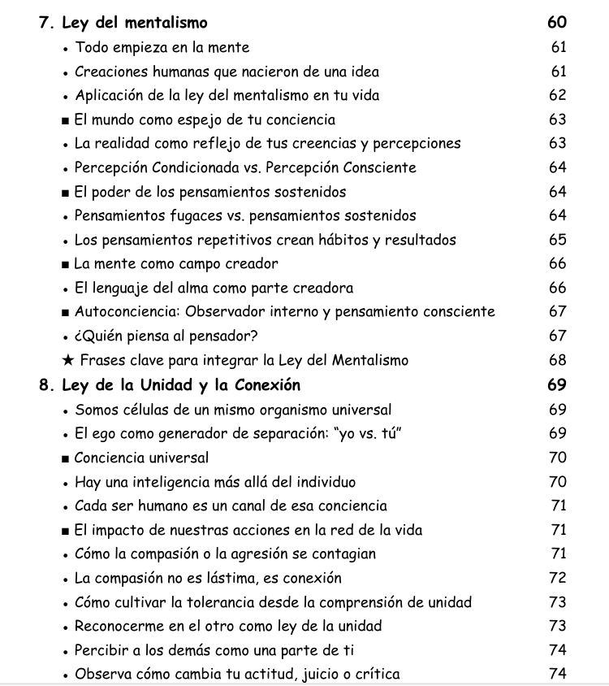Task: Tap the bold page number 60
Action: [x=557, y=23]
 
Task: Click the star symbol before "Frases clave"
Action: [x=68, y=360]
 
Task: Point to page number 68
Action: [x=558, y=360]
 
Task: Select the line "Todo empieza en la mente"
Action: [x=162, y=48]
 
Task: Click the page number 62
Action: [x=558, y=95]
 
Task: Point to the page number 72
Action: [x=558, y=578]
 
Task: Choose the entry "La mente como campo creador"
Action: [x=176, y=264]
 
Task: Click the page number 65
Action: [x=558, y=240]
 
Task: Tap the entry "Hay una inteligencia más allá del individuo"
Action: [x=215, y=482]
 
